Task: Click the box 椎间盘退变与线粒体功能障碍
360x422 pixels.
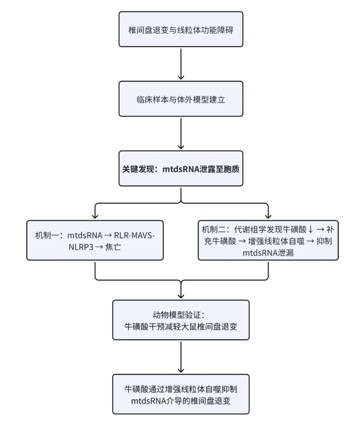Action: pos(181,29)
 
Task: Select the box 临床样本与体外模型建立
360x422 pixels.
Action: pos(181,99)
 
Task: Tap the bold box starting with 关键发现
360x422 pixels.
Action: pos(181,169)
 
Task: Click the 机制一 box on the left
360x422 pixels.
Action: pos(95,240)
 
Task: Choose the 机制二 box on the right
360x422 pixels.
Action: pos(268,240)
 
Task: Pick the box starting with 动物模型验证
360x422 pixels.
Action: pos(181,319)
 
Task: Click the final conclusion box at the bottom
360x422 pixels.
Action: pos(181,394)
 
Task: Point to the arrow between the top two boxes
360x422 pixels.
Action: pos(181,64)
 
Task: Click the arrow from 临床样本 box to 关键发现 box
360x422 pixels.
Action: pos(181,133)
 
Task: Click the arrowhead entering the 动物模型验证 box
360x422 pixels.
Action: pos(181,295)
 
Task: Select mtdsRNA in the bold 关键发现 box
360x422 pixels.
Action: pos(182,169)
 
